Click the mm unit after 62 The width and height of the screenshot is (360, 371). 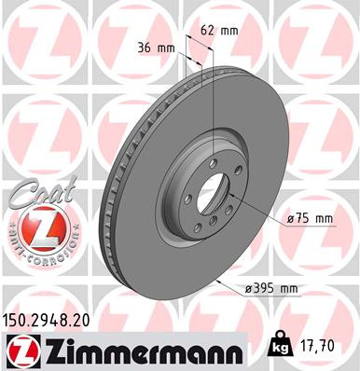229,30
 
